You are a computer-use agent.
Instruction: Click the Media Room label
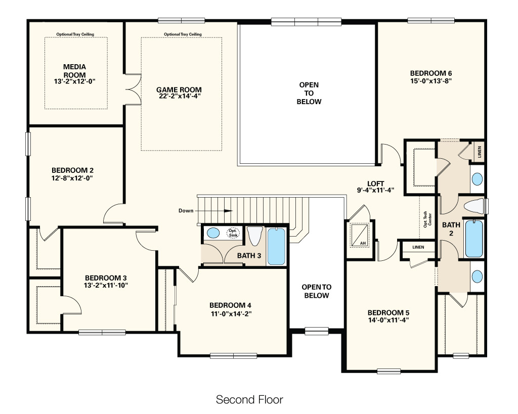(x=75, y=71)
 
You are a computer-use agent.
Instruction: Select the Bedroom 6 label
(x=431, y=73)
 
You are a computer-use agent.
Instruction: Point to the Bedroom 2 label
(x=72, y=170)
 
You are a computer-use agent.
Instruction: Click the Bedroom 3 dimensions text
(x=106, y=285)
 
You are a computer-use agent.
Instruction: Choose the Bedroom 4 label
(x=230, y=305)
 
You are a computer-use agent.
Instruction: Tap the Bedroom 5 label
(x=388, y=312)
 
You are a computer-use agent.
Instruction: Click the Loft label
(x=376, y=183)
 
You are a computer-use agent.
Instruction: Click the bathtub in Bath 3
(x=276, y=246)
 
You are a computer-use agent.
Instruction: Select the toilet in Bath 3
(x=255, y=236)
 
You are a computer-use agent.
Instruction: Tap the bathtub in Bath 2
(x=473, y=239)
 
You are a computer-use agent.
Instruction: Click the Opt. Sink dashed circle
(x=233, y=233)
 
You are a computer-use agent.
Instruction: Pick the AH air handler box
(x=359, y=235)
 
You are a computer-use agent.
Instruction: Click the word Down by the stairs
(x=186, y=211)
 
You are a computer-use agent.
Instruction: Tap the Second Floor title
(x=249, y=399)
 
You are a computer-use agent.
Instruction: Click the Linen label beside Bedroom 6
(x=480, y=152)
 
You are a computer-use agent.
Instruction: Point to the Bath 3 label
(x=249, y=256)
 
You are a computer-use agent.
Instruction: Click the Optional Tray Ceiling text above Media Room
(x=75, y=34)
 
